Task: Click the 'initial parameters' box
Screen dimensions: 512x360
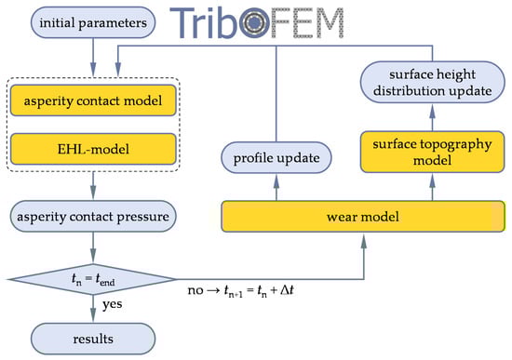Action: [93, 23]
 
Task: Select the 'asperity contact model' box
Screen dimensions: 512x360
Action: [93, 100]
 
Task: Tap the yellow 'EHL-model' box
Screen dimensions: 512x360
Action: [93, 149]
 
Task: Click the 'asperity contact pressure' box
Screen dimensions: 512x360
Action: [93, 217]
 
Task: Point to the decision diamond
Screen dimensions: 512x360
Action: [93, 279]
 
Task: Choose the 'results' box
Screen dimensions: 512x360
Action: [93, 339]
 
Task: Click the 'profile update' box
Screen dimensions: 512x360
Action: [276, 157]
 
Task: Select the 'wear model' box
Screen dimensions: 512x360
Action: [363, 217]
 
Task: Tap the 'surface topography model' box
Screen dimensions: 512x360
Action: [432, 152]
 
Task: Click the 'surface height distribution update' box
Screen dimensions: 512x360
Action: [432, 82]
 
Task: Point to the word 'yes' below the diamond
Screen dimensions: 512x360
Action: [113, 304]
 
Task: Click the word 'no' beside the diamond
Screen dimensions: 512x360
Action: [195, 290]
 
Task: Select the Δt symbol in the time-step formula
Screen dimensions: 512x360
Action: [287, 289]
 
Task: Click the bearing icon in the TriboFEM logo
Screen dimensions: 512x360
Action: [254, 22]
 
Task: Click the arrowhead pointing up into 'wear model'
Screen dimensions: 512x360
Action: [363, 242]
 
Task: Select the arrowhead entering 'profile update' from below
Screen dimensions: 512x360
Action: [276, 181]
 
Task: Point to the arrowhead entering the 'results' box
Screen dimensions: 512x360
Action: [93, 314]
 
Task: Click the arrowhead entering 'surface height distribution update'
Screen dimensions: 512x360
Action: [432, 112]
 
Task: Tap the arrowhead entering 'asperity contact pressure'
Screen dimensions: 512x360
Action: [93, 193]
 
